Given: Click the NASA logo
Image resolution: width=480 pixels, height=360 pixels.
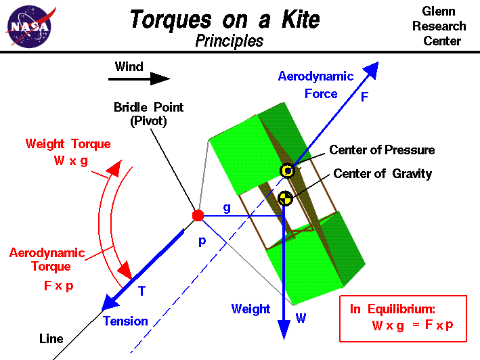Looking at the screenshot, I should tap(29, 26).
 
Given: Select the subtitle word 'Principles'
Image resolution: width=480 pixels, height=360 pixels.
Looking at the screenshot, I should tap(229, 41).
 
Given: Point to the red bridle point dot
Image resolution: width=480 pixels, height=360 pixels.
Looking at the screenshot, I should tap(198, 215).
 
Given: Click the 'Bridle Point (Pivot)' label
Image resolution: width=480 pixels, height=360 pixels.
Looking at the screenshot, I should tap(148, 114).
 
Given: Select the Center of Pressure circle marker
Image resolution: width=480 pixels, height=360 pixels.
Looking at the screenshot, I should tap(288, 171).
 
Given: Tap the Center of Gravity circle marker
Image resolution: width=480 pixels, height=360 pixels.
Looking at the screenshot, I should tap(285, 198).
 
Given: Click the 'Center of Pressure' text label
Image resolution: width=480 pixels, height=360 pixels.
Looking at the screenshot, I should tap(382, 150).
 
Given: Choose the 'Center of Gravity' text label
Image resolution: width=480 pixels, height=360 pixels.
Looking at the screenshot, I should tap(383, 175).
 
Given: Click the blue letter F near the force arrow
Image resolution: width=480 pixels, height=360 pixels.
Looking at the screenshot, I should tap(364, 97).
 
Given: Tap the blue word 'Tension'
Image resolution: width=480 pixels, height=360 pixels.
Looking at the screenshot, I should tap(125, 321).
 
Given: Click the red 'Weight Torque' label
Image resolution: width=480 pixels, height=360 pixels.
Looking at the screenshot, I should tap(68, 144).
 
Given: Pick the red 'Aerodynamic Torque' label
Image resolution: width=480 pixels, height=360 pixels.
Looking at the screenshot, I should tap(47, 259).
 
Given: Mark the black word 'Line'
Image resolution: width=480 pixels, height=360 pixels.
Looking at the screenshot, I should tap(51, 338).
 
